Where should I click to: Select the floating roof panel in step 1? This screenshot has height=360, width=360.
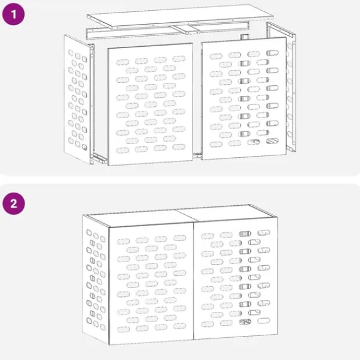pyautogui.click(x=174, y=16)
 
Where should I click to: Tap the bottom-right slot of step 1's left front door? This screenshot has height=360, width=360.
pyautogui.click(x=179, y=146)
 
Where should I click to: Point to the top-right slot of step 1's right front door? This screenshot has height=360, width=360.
pyautogui.click(x=272, y=53)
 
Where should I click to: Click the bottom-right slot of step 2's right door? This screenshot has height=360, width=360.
pyautogui.click(x=263, y=322)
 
